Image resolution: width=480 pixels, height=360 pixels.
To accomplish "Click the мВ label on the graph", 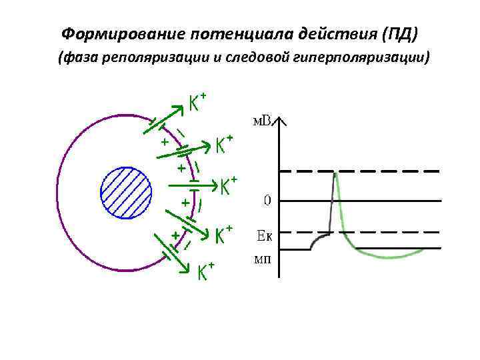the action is click(261, 121).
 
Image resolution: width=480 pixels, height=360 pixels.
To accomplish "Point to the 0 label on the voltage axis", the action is click(266, 200).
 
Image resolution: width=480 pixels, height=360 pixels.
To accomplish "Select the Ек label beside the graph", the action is click(265, 235).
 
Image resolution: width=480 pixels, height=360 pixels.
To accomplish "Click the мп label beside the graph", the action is click(263, 258).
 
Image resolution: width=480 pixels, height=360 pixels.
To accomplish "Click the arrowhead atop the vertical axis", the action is click(281, 120).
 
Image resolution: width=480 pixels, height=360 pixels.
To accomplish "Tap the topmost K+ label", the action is click(196, 103).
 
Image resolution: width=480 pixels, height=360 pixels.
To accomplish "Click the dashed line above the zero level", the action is click(400, 171).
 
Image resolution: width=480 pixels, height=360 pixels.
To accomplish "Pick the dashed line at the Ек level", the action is click(400, 233).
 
